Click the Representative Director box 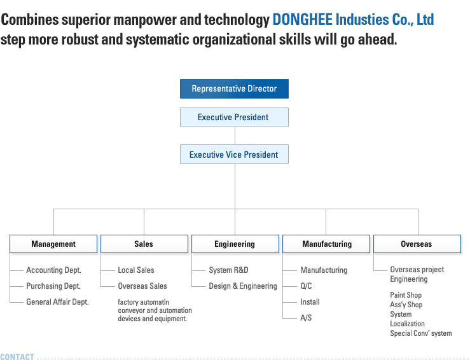click(x=234, y=88)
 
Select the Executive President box click(x=234, y=117)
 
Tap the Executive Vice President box click(x=234, y=155)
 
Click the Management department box click(x=53, y=244)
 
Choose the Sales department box click(x=144, y=244)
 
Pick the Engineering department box click(x=235, y=244)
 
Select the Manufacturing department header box click(x=326, y=244)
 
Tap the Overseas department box click(x=417, y=244)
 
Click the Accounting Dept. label click(x=53, y=270)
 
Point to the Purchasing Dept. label click(x=53, y=286)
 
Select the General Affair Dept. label click(x=57, y=302)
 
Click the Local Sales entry click(x=136, y=270)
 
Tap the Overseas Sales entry click(x=142, y=286)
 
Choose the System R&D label click(x=229, y=270)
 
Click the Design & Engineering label click(x=243, y=286)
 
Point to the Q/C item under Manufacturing click(x=306, y=286)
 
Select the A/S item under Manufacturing click(x=306, y=318)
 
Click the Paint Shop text click(x=406, y=295)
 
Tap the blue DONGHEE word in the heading click(x=303, y=20)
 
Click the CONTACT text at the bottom click(x=17, y=357)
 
